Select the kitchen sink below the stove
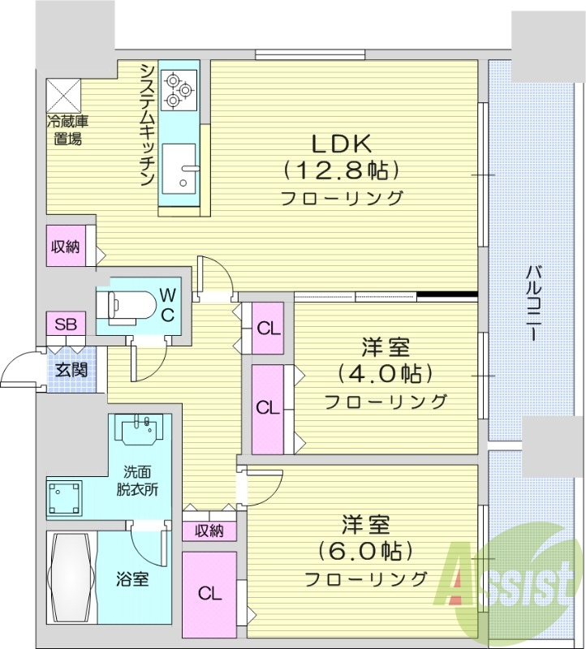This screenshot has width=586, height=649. [x=179, y=166]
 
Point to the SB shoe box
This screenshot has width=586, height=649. [x=65, y=324]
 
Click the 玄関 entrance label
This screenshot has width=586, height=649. [x=70, y=370]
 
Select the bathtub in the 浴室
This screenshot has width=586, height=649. [x=71, y=577]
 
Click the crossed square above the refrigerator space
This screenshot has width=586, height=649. [x=65, y=96]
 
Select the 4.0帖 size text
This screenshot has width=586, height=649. [x=385, y=375]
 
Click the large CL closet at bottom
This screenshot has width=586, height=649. [x=209, y=593]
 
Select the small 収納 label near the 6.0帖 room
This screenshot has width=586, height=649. [x=209, y=531]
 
